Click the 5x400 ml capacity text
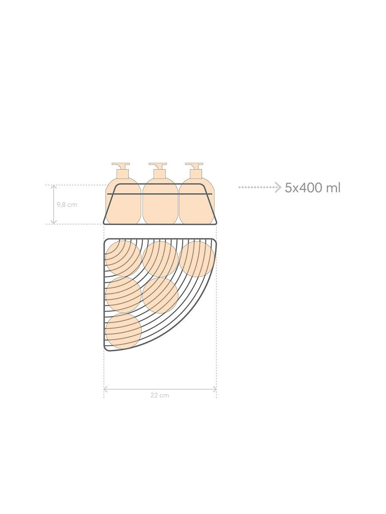click(312, 188)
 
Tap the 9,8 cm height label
click(67, 205)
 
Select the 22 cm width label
click(160, 395)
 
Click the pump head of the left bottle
click(121, 166)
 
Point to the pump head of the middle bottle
click(158, 166)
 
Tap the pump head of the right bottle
click(194, 166)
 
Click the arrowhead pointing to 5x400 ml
click(278, 187)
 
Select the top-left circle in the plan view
click(123, 259)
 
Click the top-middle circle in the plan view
click(160, 259)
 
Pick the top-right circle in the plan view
click(197, 259)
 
